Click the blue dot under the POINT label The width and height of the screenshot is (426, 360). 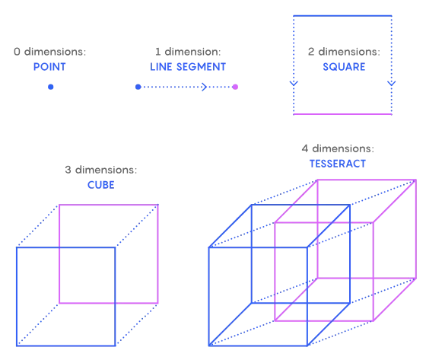click(x=50, y=87)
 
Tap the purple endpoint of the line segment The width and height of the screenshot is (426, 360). click(x=235, y=87)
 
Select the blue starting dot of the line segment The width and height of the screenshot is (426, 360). click(x=138, y=87)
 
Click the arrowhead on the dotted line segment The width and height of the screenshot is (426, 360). click(x=205, y=87)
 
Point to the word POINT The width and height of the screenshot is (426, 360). click(x=49, y=67)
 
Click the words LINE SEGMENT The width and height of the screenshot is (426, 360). click(x=188, y=67)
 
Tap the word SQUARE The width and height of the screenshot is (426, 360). click(x=344, y=67)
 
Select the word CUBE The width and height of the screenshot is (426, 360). click(x=100, y=185)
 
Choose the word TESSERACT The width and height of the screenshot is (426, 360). click(x=338, y=164)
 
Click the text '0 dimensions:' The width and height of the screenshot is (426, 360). click(x=49, y=52)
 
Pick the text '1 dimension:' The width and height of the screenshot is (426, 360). click(x=188, y=52)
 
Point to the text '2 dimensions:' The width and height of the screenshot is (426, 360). click(x=344, y=52)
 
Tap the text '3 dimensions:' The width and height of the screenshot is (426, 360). click(x=100, y=170)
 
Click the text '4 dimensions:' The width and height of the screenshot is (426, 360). click(x=338, y=148)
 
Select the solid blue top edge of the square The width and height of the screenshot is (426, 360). click(x=342, y=16)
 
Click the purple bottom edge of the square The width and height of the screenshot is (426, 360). click(x=342, y=114)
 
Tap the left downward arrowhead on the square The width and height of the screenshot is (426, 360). click(x=294, y=84)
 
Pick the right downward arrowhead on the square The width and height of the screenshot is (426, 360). click(x=392, y=84)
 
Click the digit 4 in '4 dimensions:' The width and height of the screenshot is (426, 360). click(x=305, y=148)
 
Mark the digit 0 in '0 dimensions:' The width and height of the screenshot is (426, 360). click(x=17, y=52)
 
